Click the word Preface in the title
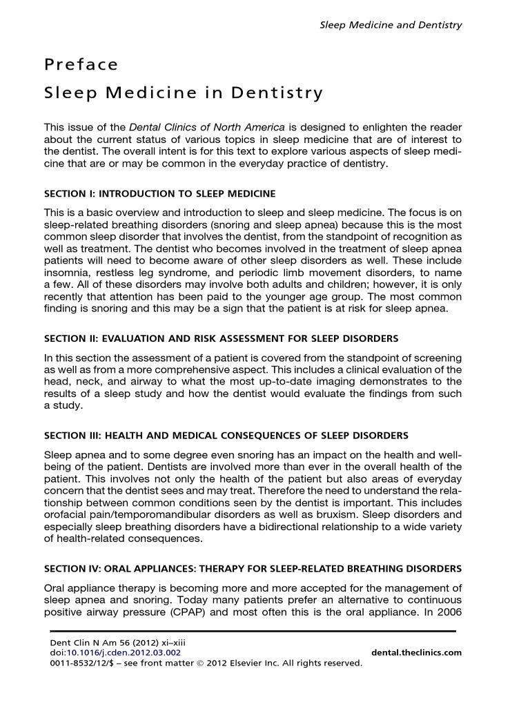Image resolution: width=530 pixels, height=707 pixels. tap(81, 65)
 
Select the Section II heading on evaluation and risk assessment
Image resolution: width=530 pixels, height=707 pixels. tap(221, 339)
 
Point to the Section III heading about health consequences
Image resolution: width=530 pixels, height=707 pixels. tap(226, 436)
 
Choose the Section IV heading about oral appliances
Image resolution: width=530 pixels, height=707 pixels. tap(253, 569)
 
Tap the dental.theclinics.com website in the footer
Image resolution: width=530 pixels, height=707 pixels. tap(416, 652)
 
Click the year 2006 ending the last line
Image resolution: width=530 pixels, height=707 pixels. tap(447, 611)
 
